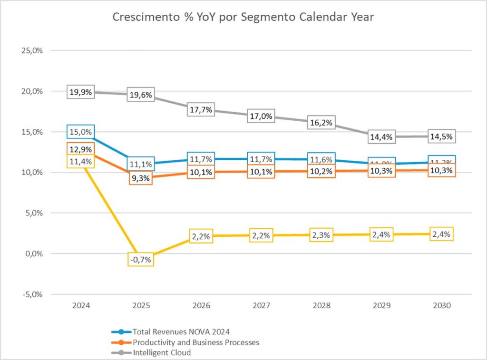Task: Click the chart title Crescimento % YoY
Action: click(243, 18)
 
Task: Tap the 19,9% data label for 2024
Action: click(80, 92)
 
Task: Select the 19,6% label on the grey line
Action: click(140, 95)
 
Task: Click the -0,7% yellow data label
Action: click(140, 259)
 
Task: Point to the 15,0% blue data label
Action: click(80, 132)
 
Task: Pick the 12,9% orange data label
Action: click(80, 149)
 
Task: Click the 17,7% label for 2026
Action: click(200, 109)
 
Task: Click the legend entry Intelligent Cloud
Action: click(162, 352)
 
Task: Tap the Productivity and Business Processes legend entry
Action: click(196, 342)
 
